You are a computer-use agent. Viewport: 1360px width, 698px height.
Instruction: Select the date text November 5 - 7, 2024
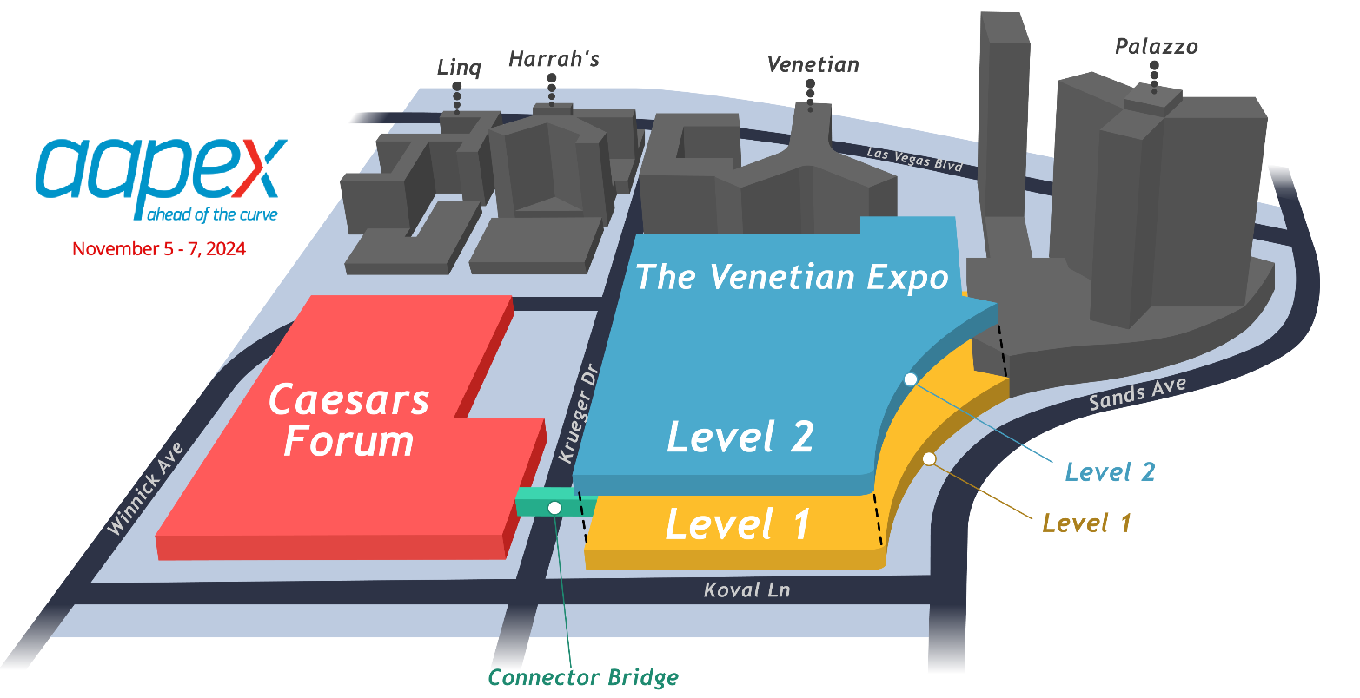(x=159, y=249)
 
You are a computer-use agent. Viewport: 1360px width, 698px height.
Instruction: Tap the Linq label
(x=459, y=68)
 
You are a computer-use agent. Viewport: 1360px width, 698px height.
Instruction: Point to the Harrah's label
(x=554, y=60)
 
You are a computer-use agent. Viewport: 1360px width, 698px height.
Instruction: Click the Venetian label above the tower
(x=813, y=65)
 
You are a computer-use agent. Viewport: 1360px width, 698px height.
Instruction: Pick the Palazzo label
(x=1156, y=47)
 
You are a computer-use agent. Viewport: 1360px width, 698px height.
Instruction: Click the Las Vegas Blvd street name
(x=914, y=158)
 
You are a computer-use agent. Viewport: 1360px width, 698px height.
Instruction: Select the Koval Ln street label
(x=746, y=590)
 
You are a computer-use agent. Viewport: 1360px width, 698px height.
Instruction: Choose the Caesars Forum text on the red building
(x=348, y=421)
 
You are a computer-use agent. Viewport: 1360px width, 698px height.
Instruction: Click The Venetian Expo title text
(x=792, y=277)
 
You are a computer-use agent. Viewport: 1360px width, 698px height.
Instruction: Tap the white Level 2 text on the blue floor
(x=740, y=437)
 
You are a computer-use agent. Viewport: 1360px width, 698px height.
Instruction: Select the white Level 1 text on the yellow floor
(x=738, y=524)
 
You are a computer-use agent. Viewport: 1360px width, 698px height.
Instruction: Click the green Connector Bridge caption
(x=583, y=677)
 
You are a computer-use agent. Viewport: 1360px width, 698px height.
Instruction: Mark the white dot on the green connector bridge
(x=554, y=508)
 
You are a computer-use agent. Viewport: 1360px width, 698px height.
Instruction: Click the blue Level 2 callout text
(x=1110, y=472)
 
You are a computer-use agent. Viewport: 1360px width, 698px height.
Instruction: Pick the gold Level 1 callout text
(x=1086, y=523)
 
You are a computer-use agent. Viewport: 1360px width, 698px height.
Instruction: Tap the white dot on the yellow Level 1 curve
(x=929, y=458)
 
